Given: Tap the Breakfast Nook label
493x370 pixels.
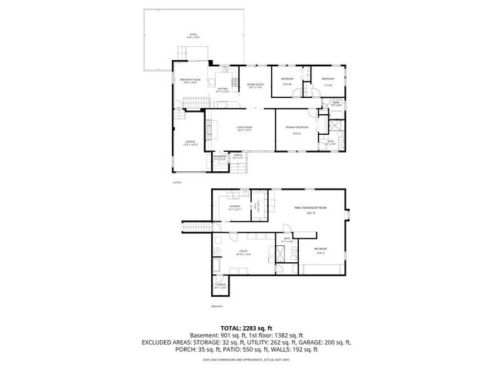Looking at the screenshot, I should (x=189, y=81).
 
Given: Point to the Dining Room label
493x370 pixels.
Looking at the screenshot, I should (x=256, y=86).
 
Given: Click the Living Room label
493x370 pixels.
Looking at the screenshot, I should (x=246, y=129).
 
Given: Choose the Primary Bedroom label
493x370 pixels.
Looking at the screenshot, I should (x=297, y=128).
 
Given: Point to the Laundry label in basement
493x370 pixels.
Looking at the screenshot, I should (x=236, y=207).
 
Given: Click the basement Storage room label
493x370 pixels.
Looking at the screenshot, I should (x=221, y=287).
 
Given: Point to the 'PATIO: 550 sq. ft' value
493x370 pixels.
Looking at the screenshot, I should (x=249, y=349).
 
